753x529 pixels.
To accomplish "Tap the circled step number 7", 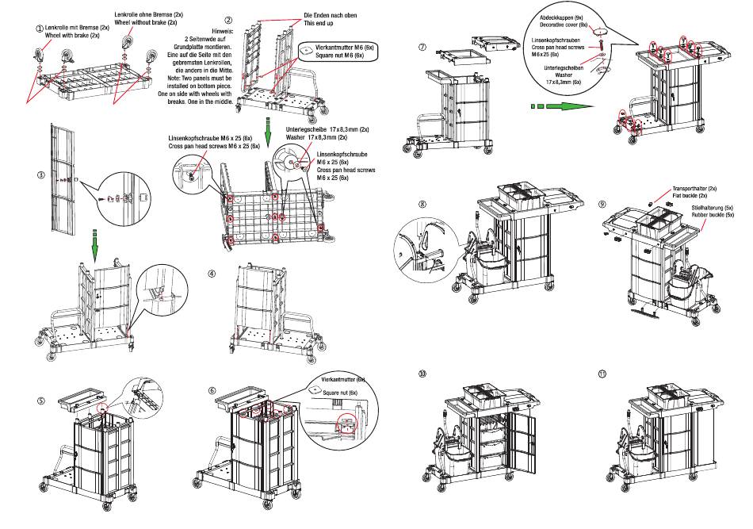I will click(422, 47).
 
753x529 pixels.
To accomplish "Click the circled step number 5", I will click(41, 401).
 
